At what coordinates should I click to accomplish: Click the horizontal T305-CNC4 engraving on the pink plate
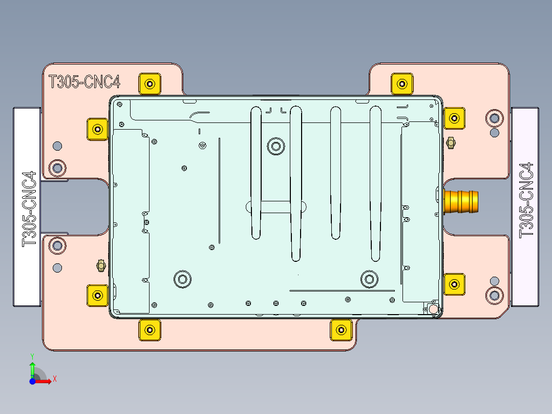click(84, 82)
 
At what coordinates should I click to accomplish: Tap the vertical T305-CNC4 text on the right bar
click(526, 199)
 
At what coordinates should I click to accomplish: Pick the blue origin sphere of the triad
click(32, 381)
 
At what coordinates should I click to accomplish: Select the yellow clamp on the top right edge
click(402, 84)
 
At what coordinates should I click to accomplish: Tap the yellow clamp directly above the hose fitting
click(454, 118)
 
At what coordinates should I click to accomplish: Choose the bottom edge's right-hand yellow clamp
click(339, 330)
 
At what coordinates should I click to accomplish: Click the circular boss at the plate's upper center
click(276, 146)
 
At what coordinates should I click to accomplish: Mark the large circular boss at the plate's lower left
click(182, 279)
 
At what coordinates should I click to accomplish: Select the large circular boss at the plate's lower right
click(369, 279)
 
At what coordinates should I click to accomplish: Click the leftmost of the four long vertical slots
click(256, 172)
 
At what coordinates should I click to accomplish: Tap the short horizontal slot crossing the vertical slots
click(277, 206)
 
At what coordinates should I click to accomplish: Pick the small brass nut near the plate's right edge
click(451, 143)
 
